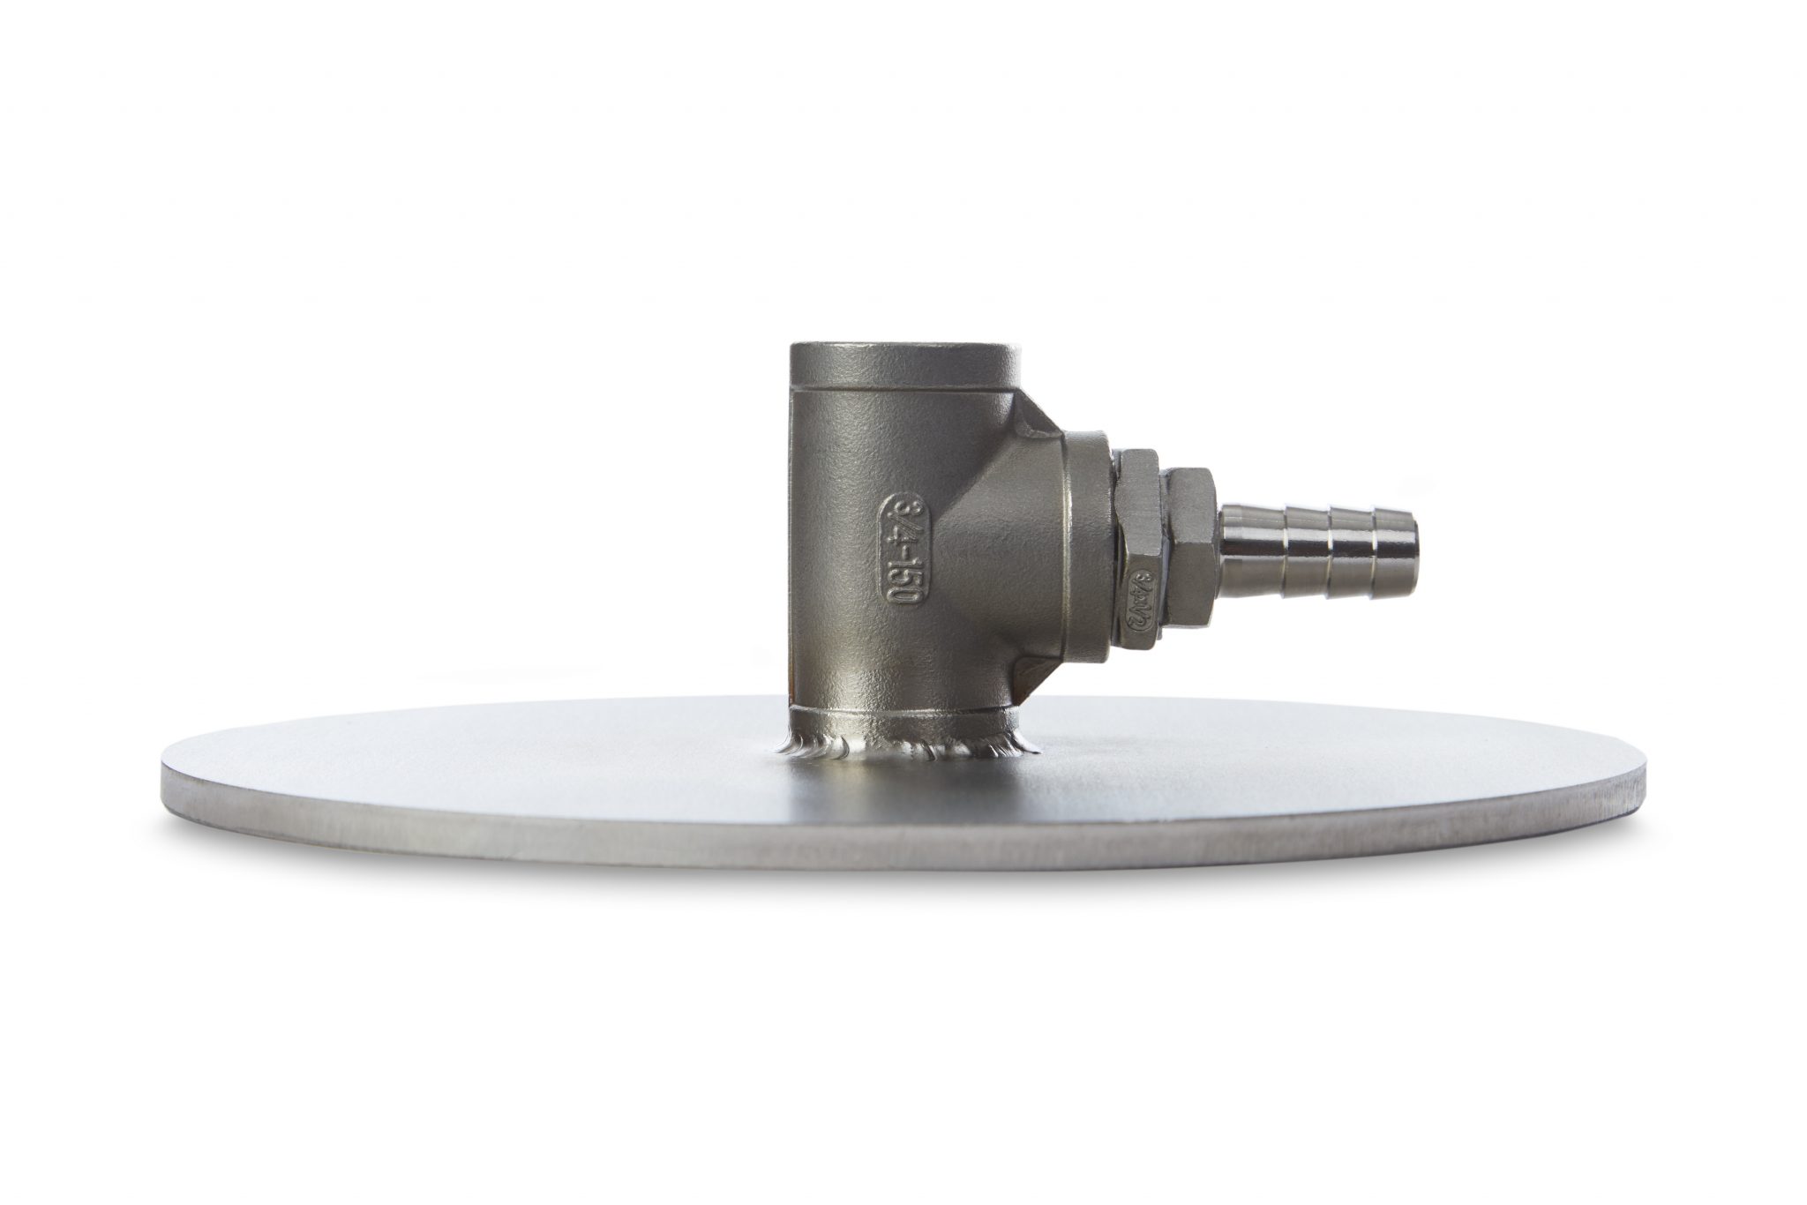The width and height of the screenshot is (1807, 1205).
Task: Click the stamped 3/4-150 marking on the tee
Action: [x=901, y=549]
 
